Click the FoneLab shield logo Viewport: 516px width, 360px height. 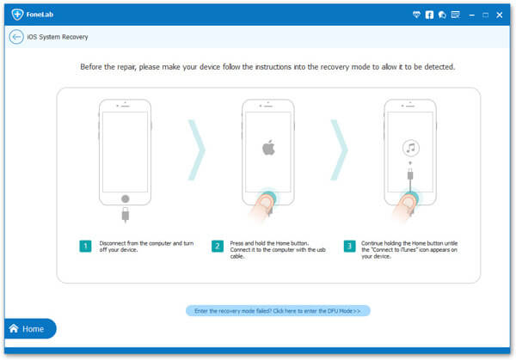(17, 14)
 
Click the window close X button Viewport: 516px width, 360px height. (499, 15)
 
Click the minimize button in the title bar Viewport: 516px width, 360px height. (471, 15)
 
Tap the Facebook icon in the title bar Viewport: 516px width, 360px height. (429, 15)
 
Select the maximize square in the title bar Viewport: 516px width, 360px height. (485, 15)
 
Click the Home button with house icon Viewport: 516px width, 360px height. (30, 328)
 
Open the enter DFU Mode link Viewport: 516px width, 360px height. (278, 311)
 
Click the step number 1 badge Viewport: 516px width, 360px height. (85, 246)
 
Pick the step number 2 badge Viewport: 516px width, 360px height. (218, 246)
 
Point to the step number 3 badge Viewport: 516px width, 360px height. (349, 246)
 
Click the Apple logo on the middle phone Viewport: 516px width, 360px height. (268, 147)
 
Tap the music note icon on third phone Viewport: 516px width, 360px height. (411, 148)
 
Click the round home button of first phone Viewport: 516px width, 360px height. (125, 198)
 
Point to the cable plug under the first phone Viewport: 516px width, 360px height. (125, 215)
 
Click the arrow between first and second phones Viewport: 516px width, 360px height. (197, 149)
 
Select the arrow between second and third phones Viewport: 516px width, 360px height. (340, 149)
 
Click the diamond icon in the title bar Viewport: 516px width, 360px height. (416, 15)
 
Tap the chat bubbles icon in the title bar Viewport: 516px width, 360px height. (442, 15)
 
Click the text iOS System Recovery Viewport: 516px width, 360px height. (58, 37)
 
